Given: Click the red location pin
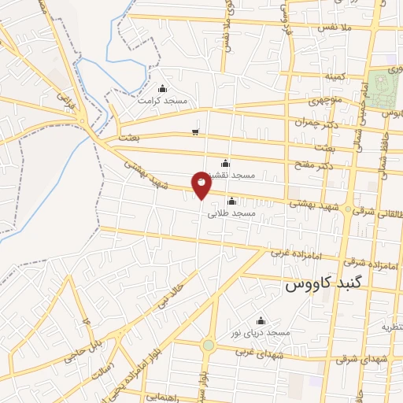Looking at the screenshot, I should click(x=201, y=184).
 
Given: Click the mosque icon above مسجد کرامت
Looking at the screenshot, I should click(x=162, y=88).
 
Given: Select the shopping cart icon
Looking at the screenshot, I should click(x=195, y=131).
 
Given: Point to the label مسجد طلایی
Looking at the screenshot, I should click(x=231, y=213).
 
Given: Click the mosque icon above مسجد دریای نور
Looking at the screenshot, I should click(x=261, y=320).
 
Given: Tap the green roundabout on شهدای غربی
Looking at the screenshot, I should click(x=208, y=345).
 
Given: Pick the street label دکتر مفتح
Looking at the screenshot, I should click(x=317, y=161).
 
